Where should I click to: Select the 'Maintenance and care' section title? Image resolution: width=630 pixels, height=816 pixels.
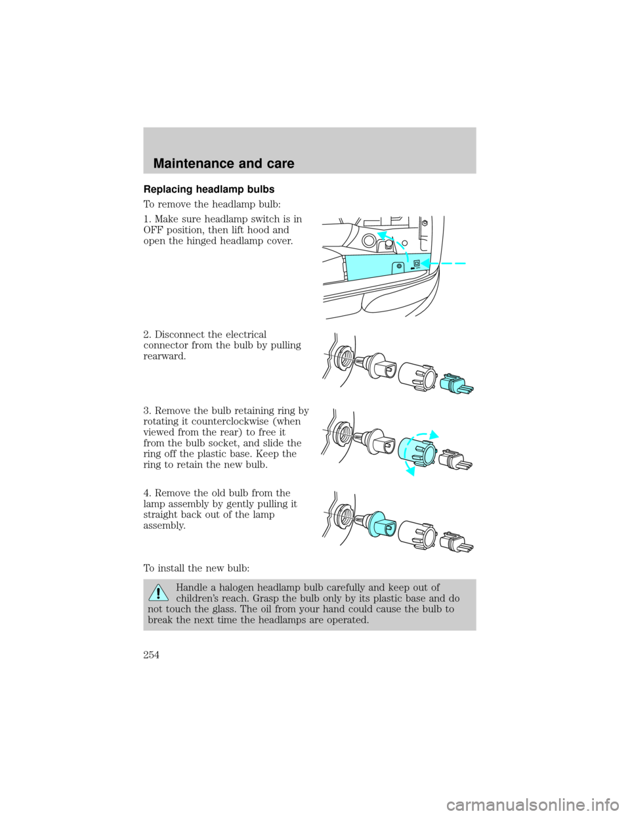click(224, 164)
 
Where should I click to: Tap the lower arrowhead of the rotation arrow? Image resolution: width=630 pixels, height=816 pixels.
click(411, 470)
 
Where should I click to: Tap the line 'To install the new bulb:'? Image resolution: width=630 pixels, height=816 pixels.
click(196, 568)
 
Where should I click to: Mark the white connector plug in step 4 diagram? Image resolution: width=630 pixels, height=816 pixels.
click(457, 541)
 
